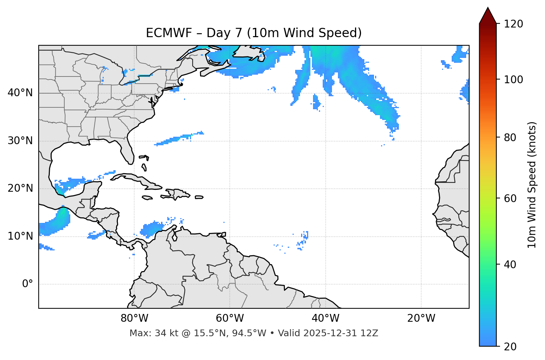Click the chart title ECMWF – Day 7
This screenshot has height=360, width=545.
[254, 33]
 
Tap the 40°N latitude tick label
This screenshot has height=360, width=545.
[20, 93]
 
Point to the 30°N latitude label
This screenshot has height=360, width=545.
[20, 141]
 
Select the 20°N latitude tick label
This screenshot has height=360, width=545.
[20, 188]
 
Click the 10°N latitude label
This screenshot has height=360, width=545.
[20, 236]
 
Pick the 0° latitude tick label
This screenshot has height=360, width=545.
[28, 284]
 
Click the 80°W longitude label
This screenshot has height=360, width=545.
[134, 318]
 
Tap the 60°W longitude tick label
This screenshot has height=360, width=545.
[230, 318]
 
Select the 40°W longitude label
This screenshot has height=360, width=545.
[325, 318]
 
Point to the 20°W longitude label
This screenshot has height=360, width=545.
[421, 318]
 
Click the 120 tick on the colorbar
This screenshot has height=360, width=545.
[513, 24]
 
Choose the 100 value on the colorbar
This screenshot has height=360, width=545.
[513, 80]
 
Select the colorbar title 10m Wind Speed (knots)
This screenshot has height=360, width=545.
[532, 185]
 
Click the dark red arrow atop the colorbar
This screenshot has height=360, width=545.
[488, 16]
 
